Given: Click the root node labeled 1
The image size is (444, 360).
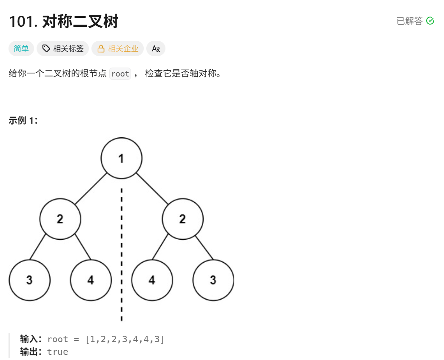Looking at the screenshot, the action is click(x=121, y=159).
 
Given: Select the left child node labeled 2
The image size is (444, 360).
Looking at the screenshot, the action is click(x=60, y=219).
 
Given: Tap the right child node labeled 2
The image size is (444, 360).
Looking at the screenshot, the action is click(x=182, y=219).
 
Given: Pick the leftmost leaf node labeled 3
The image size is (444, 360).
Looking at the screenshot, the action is click(x=29, y=280).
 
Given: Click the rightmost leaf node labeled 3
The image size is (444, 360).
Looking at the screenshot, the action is click(x=213, y=280).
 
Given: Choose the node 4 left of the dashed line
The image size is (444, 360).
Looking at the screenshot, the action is click(x=91, y=280).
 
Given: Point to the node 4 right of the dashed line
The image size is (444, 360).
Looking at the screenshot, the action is click(x=152, y=280).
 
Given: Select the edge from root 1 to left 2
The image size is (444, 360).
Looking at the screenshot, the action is click(x=91, y=189).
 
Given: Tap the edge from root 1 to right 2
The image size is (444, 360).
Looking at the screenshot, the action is click(x=152, y=189).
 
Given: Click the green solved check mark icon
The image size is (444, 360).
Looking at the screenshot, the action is click(x=430, y=21).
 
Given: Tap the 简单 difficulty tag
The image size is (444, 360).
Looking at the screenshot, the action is click(x=21, y=48).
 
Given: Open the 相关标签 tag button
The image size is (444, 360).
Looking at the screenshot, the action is click(x=63, y=48).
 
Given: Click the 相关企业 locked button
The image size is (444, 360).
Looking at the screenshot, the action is click(x=118, y=48).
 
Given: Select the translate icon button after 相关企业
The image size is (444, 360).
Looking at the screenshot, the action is click(x=156, y=48).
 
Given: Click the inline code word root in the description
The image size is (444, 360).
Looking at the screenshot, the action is click(x=120, y=74).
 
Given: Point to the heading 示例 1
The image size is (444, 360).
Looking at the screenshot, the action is click(x=23, y=120).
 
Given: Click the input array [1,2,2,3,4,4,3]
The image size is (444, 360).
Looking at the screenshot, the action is click(x=125, y=339).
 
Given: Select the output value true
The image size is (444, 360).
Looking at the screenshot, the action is click(x=57, y=352).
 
